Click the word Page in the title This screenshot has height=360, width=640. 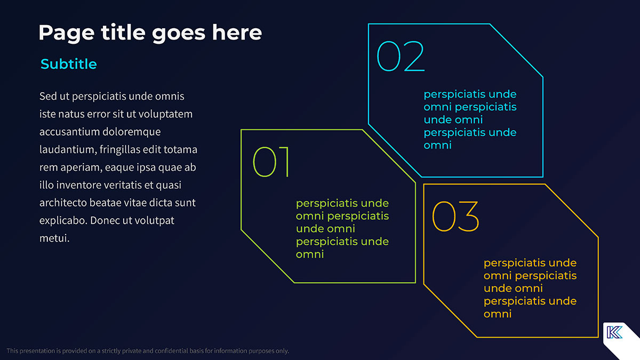click(x=67, y=34)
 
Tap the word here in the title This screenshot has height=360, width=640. click(x=237, y=33)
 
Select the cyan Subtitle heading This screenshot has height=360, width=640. click(x=69, y=64)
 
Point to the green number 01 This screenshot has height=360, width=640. click(x=271, y=162)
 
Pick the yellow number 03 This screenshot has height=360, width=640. click(x=455, y=217)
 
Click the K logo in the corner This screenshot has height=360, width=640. click(x=614, y=332)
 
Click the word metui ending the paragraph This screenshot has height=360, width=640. click(x=54, y=238)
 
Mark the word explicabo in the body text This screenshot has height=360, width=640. click(x=63, y=221)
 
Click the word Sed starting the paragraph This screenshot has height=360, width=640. click(x=48, y=97)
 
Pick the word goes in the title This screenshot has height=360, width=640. click(x=179, y=34)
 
